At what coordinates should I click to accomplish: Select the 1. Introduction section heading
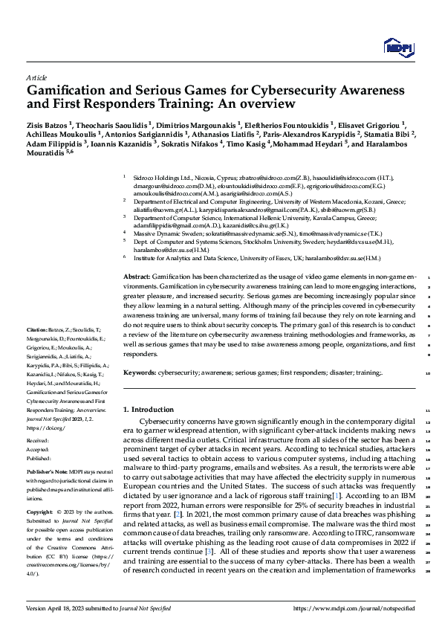click(148, 410)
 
